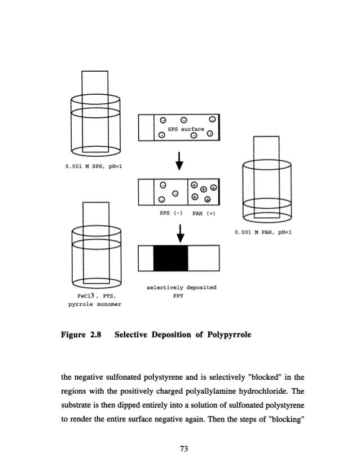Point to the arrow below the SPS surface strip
click(179, 161)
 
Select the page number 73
click(181, 449)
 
